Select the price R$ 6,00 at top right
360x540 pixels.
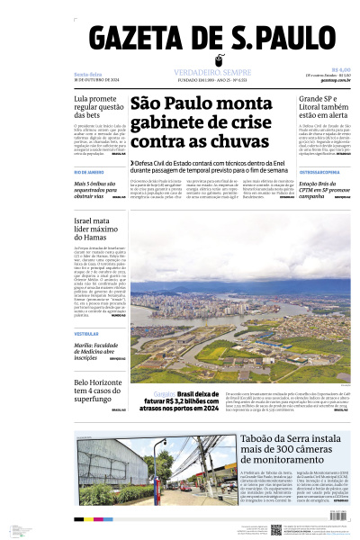340,69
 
